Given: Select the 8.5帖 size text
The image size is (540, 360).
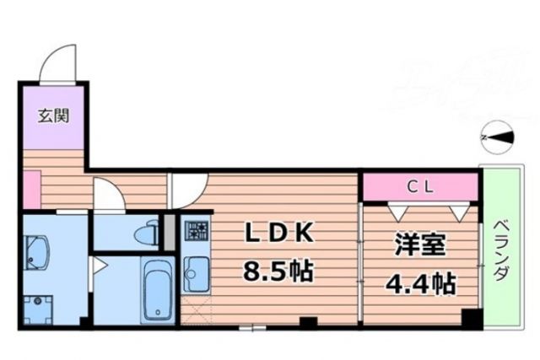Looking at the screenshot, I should coord(279,271).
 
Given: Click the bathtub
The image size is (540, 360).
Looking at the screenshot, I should coord(157,291).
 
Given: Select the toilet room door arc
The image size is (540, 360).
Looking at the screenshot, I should coord(108,196).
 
